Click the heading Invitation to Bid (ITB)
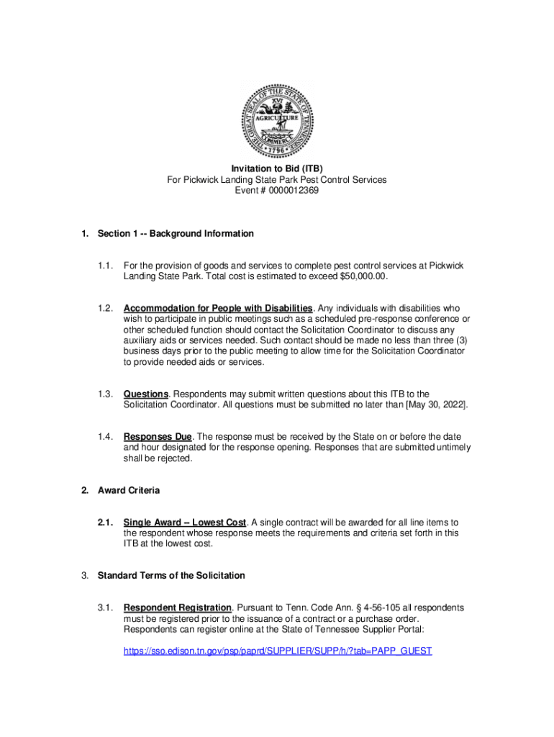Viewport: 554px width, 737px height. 277,168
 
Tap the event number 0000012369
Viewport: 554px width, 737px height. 291,191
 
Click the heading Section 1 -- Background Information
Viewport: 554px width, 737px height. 176,234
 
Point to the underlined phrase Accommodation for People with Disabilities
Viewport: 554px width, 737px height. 218,309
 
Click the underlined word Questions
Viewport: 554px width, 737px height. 146,394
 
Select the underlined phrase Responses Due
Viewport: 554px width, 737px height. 158,436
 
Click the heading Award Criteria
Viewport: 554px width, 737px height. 129,490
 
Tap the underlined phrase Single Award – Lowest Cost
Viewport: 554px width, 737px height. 185,522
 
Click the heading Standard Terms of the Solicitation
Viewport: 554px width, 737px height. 171,575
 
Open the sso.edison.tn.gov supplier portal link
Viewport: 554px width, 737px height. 278,651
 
